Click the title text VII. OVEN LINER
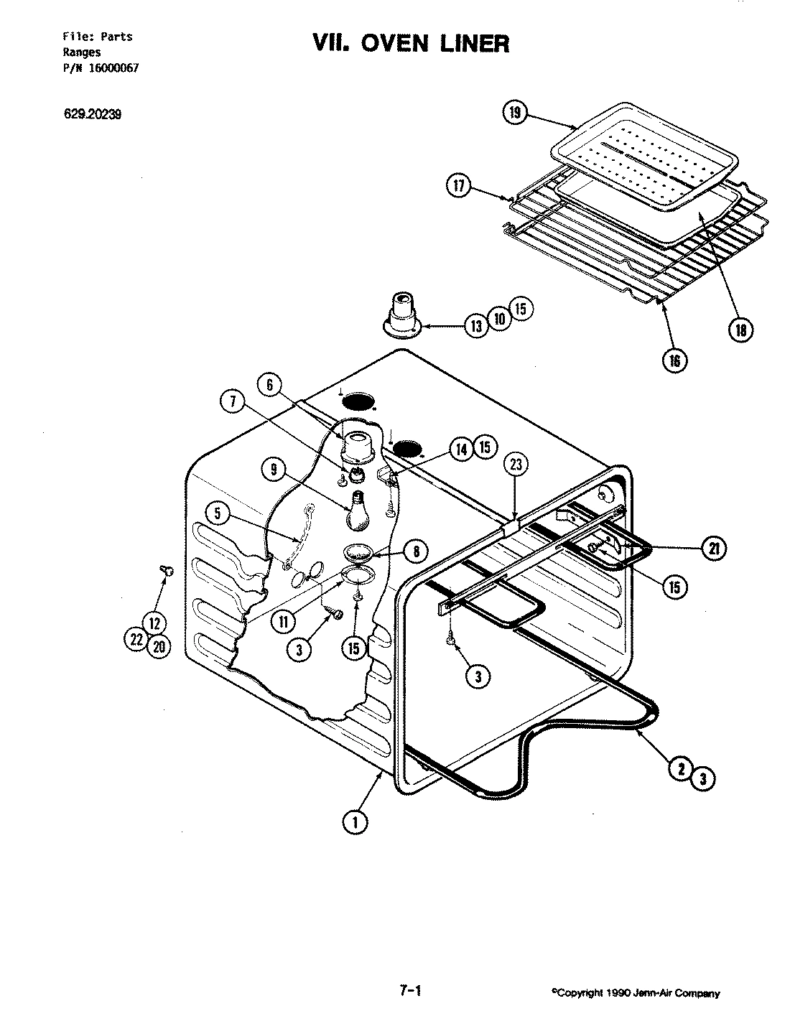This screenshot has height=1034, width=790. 410,44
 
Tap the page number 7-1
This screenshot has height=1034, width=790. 409,991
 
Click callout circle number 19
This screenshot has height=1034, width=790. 516,113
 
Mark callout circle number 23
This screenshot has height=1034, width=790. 516,465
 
